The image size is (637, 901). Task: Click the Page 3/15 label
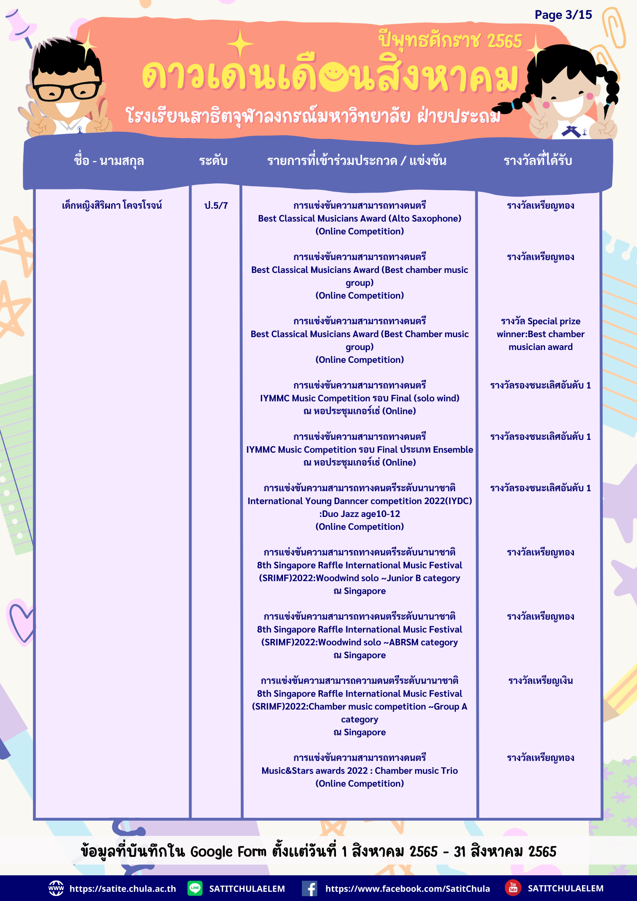pyautogui.click(x=563, y=15)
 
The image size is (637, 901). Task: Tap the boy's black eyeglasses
pyautogui.click(x=66, y=91)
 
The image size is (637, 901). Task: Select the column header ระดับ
pyautogui.click(x=213, y=161)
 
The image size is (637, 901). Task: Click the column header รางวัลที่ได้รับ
pyautogui.click(x=537, y=161)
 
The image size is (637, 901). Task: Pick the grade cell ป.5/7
pyautogui.click(x=216, y=205)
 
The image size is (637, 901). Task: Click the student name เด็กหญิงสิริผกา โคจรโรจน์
pyautogui.click(x=112, y=205)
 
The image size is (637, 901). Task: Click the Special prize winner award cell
pyautogui.click(x=540, y=334)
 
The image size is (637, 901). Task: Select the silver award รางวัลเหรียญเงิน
pyautogui.click(x=540, y=681)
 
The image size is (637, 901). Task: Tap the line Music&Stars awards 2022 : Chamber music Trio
pyautogui.click(x=359, y=771)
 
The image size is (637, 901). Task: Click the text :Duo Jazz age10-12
pyautogui.click(x=359, y=514)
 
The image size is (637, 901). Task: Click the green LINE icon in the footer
pyautogui.click(x=195, y=888)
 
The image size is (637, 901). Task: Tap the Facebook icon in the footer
pyautogui.click(x=309, y=889)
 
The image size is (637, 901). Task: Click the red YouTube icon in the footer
pyautogui.click(x=513, y=888)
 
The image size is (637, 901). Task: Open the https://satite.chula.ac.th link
pyautogui.click(x=122, y=889)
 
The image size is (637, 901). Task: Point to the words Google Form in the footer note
pyautogui.click(x=228, y=852)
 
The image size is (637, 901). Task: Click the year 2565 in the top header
pyautogui.click(x=505, y=41)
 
